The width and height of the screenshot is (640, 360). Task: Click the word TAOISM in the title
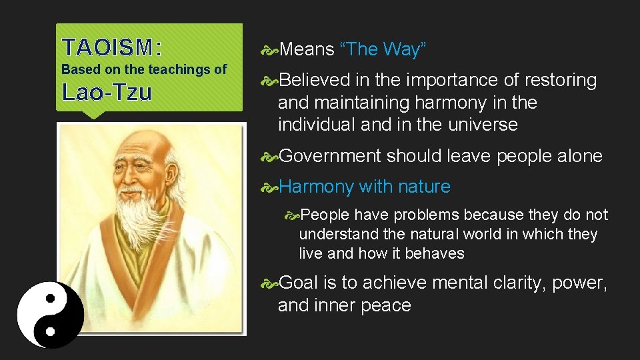(x=107, y=47)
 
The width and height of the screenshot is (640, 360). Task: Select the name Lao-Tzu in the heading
(x=107, y=92)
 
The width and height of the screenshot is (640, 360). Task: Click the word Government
(x=330, y=156)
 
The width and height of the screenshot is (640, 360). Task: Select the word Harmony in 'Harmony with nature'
(x=316, y=187)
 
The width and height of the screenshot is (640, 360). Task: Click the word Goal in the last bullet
(x=299, y=283)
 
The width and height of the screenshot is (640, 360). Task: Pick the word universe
(x=485, y=125)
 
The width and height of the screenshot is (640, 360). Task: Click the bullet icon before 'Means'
(x=271, y=49)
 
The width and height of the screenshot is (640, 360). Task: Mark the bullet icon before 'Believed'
(x=271, y=81)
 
